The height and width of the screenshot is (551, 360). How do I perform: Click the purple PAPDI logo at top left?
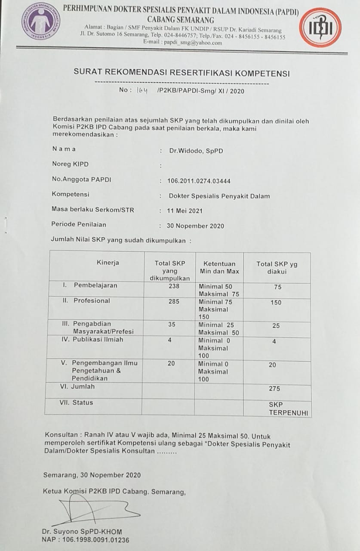[41, 21]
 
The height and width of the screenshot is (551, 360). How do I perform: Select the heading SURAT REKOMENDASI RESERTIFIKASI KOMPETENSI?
[182, 74]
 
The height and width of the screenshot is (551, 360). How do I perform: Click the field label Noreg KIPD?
[70, 164]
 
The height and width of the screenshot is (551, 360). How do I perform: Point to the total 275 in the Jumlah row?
[274, 389]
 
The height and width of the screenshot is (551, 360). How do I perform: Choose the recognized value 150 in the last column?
[276, 303]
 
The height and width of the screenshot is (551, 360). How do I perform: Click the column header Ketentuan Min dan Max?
[219, 267]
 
